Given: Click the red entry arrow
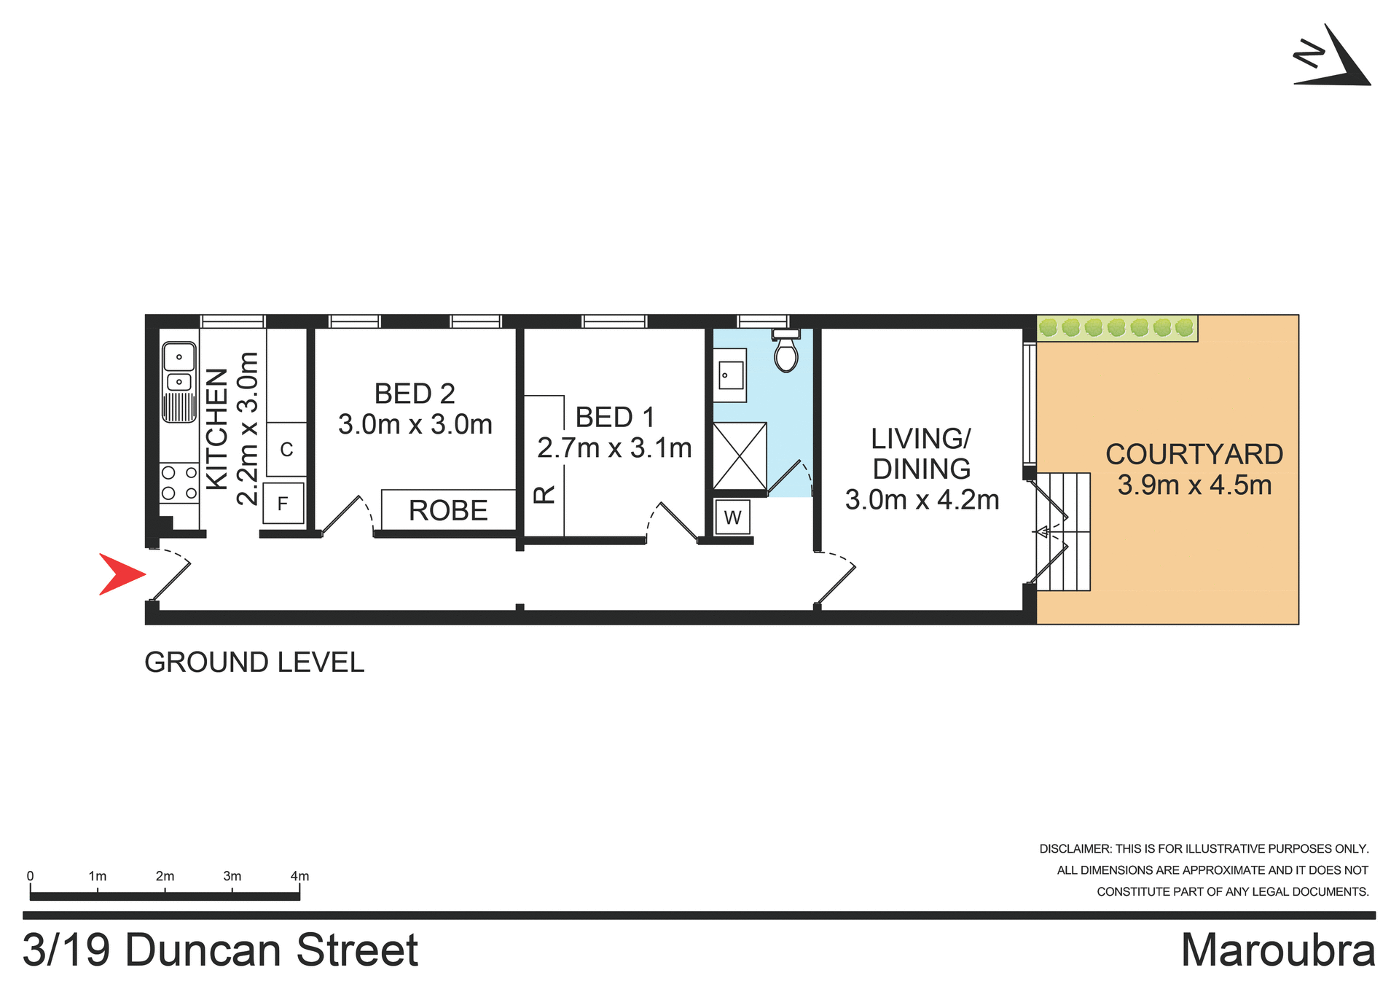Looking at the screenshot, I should tap(120, 574).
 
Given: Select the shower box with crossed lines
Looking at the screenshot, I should tap(740, 456).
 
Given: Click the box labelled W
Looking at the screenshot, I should tap(732, 517).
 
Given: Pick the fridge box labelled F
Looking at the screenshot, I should tap(283, 504).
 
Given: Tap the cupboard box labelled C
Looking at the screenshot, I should tap(286, 450).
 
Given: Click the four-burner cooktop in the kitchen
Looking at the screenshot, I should tap(179, 483).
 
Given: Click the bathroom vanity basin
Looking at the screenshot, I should tap(729, 375).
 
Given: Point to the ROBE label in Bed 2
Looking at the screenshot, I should tap(448, 510).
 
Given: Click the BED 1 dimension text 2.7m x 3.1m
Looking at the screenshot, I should tap(614, 448).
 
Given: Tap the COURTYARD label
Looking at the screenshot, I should tap(1194, 454).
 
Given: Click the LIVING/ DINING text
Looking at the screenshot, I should tap(922, 453).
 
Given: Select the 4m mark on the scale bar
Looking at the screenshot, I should tap(299, 877).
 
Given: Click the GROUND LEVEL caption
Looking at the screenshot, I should tap(254, 662).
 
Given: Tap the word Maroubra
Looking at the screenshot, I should tap(1278, 950).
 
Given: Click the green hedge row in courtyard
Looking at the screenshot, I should tap(1116, 328).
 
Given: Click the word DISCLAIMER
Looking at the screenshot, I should tap(1075, 849).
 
